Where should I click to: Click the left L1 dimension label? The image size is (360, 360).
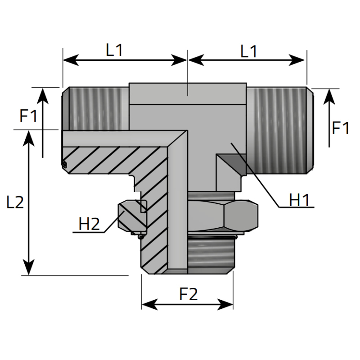pyautogui.click(x=114, y=50)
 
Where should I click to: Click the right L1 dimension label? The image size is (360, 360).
pyautogui.click(x=248, y=51)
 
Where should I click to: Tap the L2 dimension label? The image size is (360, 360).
pyautogui.click(x=15, y=203)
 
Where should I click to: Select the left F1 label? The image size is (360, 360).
pyautogui.click(x=28, y=117)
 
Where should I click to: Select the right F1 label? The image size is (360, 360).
pyautogui.click(x=341, y=129)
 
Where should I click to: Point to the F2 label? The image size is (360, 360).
pyautogui.click(x=189, y=294)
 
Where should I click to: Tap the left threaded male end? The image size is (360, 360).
pyautogui.click(x=94, y=108)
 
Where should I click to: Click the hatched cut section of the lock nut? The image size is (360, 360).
pyautogui.click(x=132, y=216)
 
